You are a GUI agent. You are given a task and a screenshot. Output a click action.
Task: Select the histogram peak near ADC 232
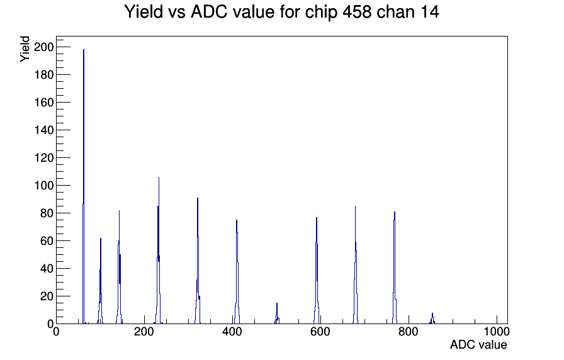(x=158, y=252)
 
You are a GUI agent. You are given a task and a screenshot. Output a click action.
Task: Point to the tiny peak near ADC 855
(x=432, y=318)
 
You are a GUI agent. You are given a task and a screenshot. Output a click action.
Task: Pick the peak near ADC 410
(x=237, y=273)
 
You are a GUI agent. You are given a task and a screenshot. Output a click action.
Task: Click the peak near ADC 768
(x=395, y=268)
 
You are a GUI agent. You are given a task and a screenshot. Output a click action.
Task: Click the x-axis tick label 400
(x=232, y=332)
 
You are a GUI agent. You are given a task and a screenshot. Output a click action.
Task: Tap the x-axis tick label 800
(x=409, y=332)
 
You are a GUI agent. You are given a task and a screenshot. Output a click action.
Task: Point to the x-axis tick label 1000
(x=497, y=332)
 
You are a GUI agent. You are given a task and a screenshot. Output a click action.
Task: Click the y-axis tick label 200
(x=44, y=47)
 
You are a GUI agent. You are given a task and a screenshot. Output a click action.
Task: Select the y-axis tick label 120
(x=44, y=158)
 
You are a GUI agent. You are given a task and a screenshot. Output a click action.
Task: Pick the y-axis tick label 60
(x=47, y=241)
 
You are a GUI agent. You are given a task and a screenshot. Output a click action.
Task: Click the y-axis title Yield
(x=25, y=49)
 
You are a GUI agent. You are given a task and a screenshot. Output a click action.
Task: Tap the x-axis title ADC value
(x=478, y=345)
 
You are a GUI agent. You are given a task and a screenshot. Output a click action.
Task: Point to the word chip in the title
(x=321, y=13)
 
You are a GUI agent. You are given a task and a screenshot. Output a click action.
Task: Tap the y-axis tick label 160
(x=44, y=103)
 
